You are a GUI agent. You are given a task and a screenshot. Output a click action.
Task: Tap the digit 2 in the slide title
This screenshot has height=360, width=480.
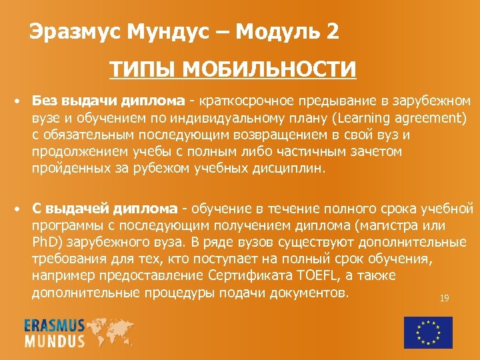[x=332, y=31]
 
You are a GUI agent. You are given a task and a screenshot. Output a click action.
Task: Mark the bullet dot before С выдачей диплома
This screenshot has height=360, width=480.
[x=19, y=209]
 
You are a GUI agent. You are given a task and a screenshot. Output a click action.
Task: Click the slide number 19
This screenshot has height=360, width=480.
[x=444, y=298]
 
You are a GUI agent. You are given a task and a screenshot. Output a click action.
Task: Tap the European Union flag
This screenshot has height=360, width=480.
[x=428, y=332]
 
